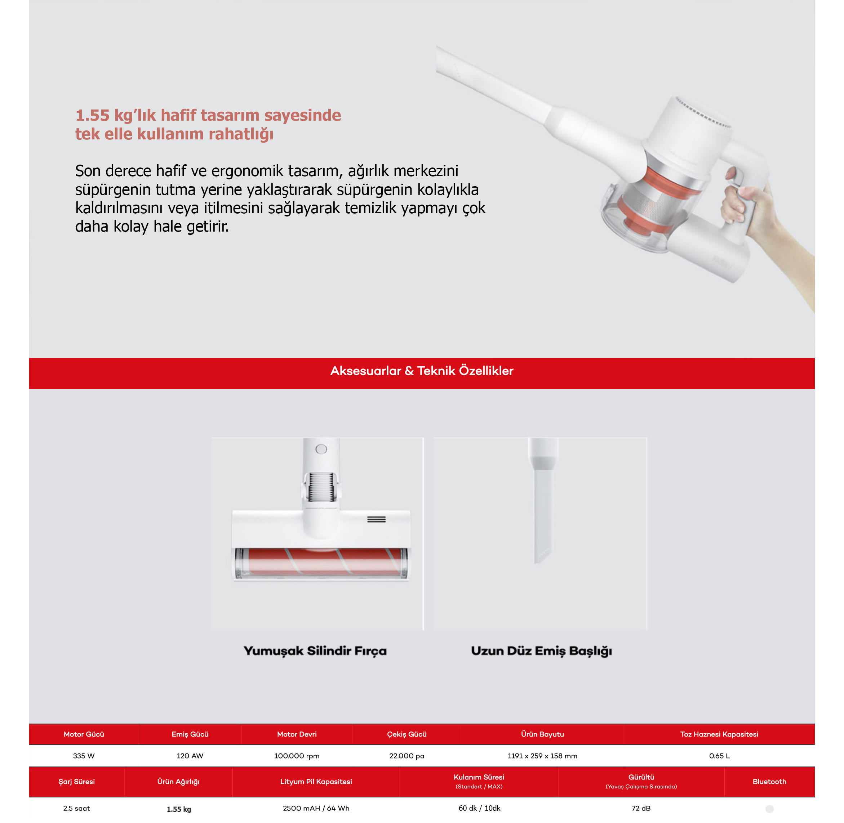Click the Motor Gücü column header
[x=84, y=734]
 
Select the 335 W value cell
[x=84, y=756]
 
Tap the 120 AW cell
[x=190, y=756]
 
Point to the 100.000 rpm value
[x=297, y=756]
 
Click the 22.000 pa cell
[x=407, y=756]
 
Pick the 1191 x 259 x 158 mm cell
[x=542, y=756]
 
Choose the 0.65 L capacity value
[x=719, y=756]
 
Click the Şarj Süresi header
[x=76, y=782]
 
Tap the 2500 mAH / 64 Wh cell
[x=316, y=808]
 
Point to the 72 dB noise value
[x=641, y=808]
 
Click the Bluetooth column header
[x=769, y=782]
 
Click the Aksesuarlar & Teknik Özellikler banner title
[x=422, y=370]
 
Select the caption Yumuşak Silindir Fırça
[x=315, y=651]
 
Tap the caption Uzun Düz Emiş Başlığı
[x=541, y=651]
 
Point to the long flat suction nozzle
[x=543, y=501]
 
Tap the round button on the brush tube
[x=321, y=449]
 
